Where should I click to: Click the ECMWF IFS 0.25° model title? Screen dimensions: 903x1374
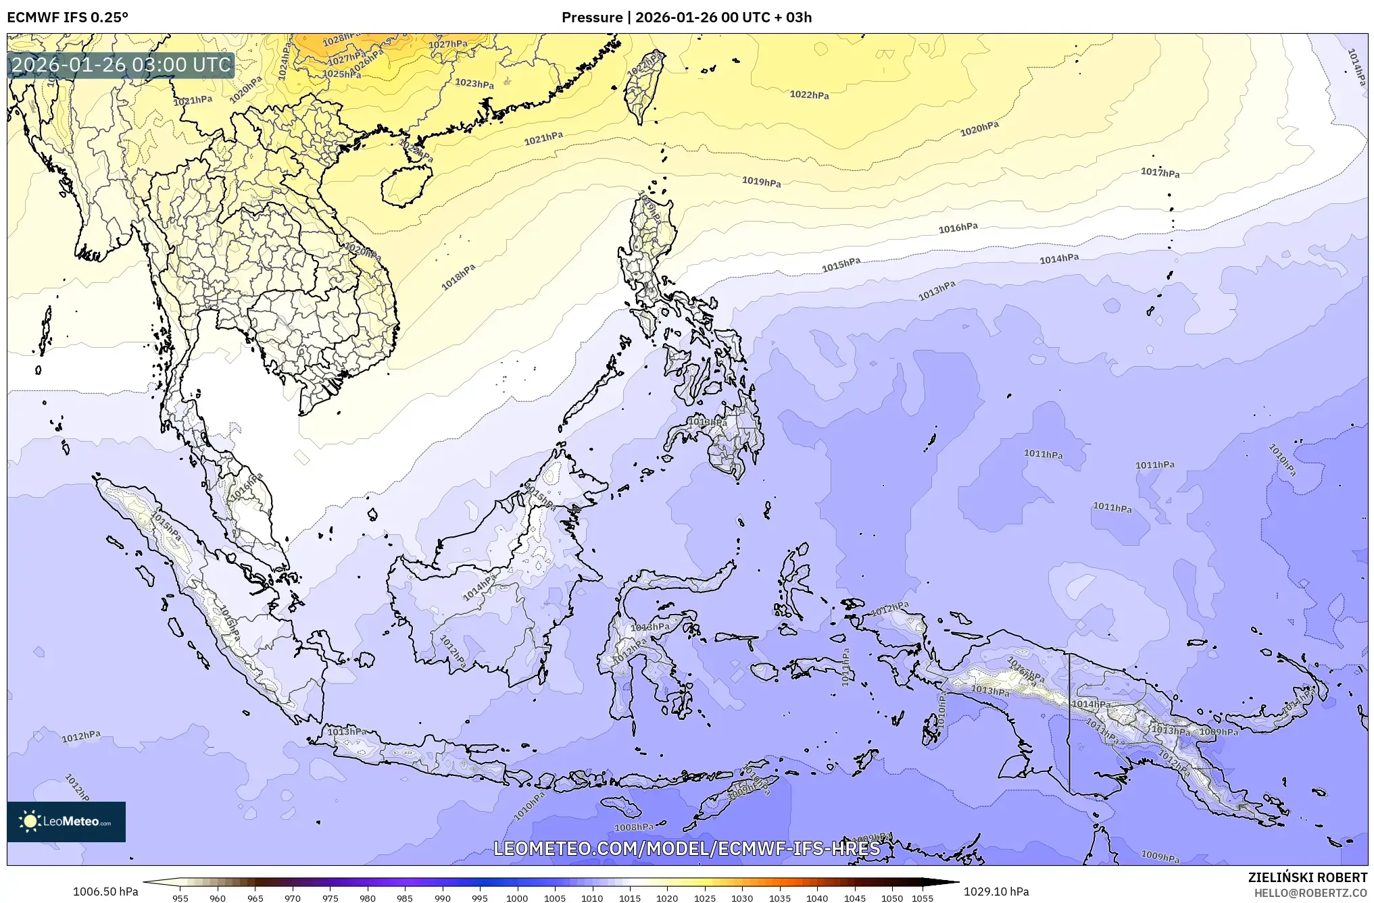68,17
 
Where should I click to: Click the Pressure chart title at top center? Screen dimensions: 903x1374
686,17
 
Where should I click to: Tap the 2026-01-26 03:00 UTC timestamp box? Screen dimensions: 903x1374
122,65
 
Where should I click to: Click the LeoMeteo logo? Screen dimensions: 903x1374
66,821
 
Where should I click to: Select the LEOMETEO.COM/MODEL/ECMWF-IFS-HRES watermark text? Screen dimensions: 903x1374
686,848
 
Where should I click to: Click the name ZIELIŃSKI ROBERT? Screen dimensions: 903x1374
1307,877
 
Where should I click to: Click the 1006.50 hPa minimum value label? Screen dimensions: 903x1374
105,892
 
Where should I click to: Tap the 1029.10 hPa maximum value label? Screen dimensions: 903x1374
996,892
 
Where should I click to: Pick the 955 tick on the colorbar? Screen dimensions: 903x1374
180,898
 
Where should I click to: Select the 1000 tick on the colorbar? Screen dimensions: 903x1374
517,898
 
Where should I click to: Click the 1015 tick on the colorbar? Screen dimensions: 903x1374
629,898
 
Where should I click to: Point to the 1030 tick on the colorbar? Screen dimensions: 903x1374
741,898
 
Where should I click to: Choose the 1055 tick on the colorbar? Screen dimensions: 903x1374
923,898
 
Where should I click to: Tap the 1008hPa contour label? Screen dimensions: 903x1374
633,827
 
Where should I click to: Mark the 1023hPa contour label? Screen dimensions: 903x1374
474,84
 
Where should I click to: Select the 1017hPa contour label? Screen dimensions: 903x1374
1160,173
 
